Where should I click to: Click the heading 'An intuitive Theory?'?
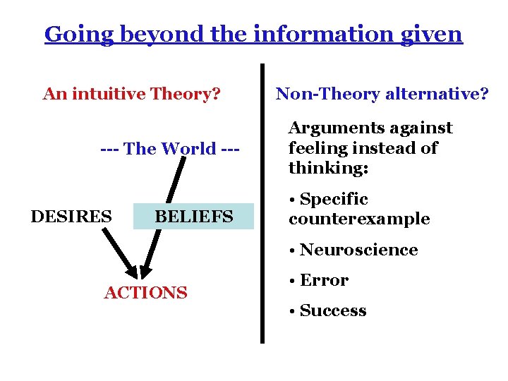point(131,94)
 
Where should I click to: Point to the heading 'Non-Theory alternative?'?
point(382,94)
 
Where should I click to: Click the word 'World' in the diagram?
point(188,149)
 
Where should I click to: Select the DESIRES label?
point(71,216)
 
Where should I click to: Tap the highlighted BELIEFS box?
point(193,216)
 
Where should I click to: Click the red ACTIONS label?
point(146,292)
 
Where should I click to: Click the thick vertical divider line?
point(262,205)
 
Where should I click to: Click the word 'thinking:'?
point(329,169)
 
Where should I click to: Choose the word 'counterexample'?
point(359,219)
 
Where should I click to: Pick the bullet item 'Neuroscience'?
point(358,250)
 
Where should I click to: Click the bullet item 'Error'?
point(324,280)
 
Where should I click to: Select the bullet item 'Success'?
point(333,310)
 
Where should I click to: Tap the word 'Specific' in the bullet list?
point(334,200)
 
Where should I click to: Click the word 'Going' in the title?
point(68,33)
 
